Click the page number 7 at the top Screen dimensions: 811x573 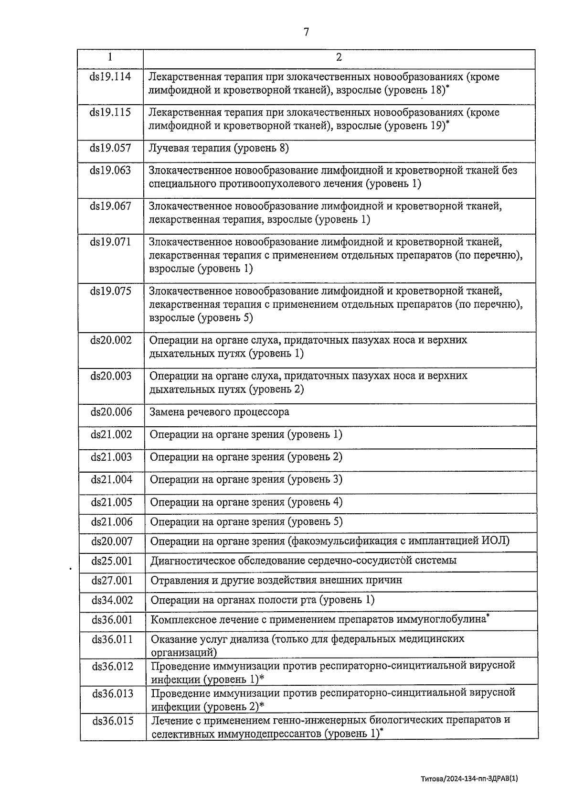click(x=306, y=32)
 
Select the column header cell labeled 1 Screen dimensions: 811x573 click(x=110, y=57)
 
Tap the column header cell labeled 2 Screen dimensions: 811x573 click(x=339, y=57)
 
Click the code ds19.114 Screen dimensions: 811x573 click(x=110, y=76)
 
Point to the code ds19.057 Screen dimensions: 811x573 click(x=110, y=148)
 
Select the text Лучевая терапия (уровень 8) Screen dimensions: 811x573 click(x=219, y=148)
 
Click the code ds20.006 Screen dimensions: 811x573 click(x=111, y=412)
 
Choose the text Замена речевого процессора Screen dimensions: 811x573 click(x=219, y=412)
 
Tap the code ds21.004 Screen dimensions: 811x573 click(x=111, y=479)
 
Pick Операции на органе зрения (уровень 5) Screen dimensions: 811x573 click(x=246, y=522)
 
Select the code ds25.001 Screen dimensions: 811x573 click(x=112, y=561)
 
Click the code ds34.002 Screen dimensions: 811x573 click(x=112, y=600)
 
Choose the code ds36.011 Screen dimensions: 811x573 click(x=112, y=639)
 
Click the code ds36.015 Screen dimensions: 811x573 click(x=113, y=721)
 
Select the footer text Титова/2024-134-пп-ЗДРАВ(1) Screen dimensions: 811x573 click(x=469, y=778)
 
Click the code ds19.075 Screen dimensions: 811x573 click(x=111, y=291)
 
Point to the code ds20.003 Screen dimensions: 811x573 click(x=111, y=376)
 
